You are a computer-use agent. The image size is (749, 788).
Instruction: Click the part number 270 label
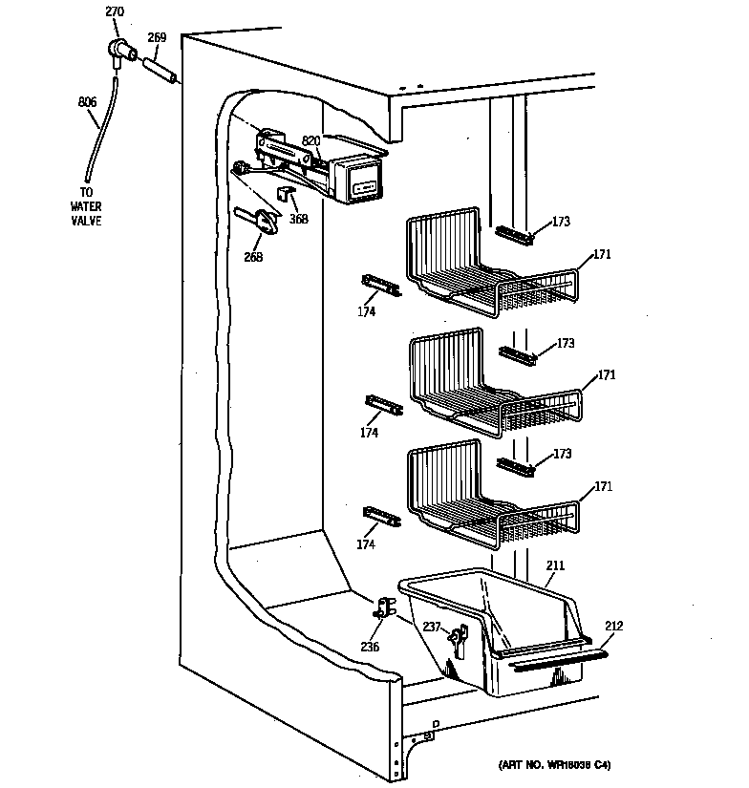pyautogui.click(x=115, y=12)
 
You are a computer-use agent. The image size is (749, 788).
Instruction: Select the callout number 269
pyautogui.click(x=157, y=38)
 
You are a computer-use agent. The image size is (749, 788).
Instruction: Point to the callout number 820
pyautogui.click(x=311, y=141)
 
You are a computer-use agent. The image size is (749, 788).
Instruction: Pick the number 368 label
pyautogui.click(x=299, y=218)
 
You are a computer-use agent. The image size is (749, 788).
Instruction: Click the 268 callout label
pyautogui.click(x=253, y=256)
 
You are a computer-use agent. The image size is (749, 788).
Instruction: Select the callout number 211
pyautogui.click(x=555, y=566)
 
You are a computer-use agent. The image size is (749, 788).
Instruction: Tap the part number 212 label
pyautogui.click(x=612, y=627)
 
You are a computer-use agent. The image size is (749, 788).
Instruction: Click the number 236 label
pyautogui.click(x=370, y=647)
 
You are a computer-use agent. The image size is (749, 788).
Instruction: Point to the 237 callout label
pyautogui.click(x=433, y=626)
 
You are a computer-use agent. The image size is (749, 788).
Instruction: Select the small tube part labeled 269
pyautogui.click(x=161, y=72)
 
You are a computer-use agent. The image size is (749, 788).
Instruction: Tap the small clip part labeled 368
pyautogui.click(x=284, y=194)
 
